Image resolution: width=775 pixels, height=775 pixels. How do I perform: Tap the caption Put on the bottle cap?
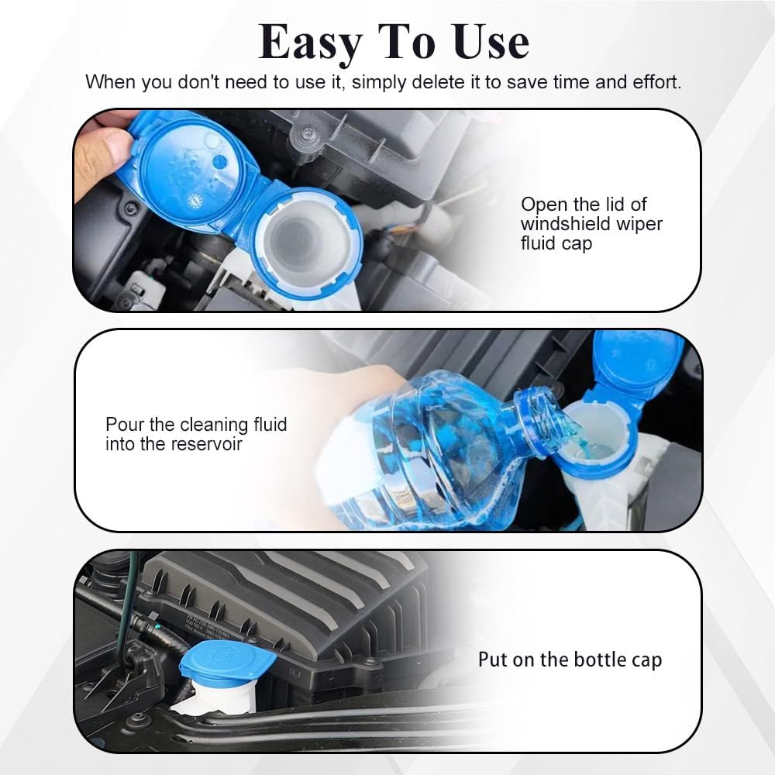point(570,660)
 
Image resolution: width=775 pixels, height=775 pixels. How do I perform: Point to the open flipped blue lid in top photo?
point(190,167)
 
